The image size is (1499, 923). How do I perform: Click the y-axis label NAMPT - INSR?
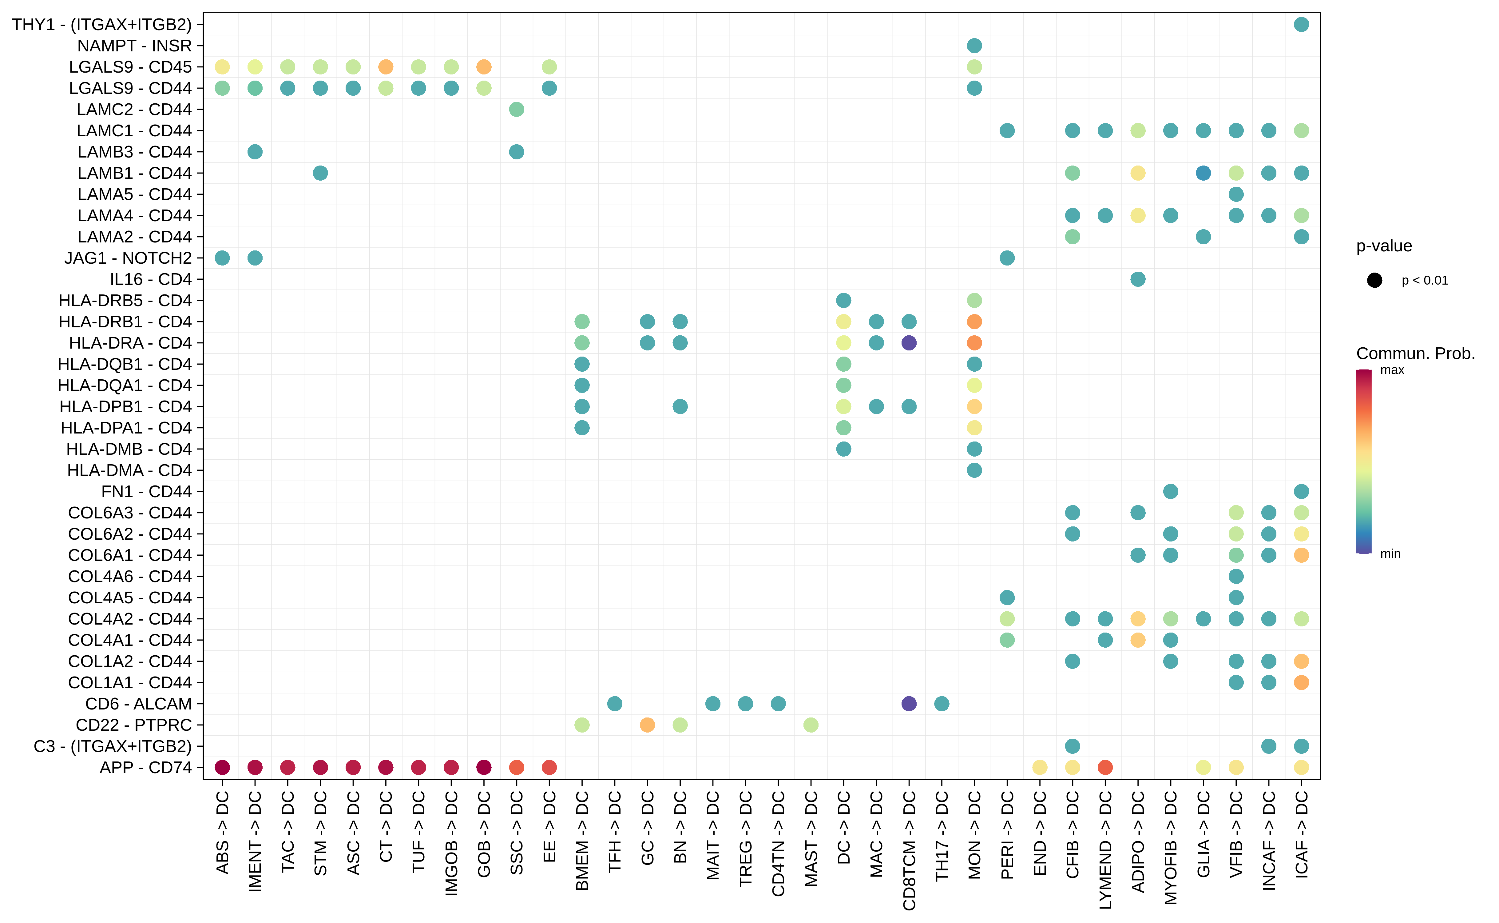click(x=134, y=46)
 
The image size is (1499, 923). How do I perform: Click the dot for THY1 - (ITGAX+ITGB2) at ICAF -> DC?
click(x=1301, y=24)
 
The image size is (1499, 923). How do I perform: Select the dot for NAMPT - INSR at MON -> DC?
click(x=974, y=46)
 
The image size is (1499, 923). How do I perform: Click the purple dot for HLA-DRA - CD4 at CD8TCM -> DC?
click(x=909, y=343)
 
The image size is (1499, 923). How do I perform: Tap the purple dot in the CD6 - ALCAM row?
click(x=909, y=704)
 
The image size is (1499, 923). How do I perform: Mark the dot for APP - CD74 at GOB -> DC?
click(x=484, y=767)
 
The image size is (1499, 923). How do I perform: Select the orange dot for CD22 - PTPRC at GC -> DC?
click(x=647, y=725)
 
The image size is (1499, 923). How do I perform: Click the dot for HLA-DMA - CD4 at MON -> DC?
click(x=974, y=470)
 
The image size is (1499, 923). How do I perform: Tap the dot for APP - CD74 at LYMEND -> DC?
click(x=1105, y=767)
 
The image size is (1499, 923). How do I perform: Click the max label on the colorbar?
click(x=1392, y=370)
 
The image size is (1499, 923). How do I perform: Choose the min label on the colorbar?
click(x=1390, y=554)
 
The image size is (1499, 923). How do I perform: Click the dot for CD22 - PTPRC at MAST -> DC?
click(x=811, y=725)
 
